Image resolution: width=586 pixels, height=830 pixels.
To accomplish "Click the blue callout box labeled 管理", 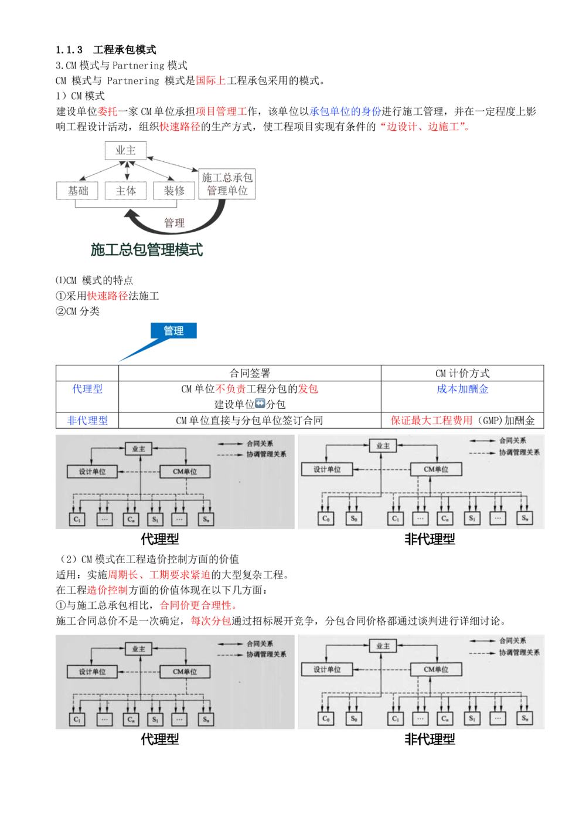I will tap(174, 331).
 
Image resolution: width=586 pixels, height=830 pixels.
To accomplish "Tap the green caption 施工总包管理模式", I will tap(148, 250).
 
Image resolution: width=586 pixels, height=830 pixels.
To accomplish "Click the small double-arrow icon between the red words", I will tap(260, 402).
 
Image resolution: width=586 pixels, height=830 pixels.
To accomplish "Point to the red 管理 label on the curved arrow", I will tap(175, 223).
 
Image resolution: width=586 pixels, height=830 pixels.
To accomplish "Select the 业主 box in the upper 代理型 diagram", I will tap(138, 449).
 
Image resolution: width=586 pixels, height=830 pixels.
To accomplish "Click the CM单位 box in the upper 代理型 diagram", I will tap(185, 472).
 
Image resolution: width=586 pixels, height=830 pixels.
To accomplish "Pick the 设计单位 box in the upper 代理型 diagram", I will tap(92, 472).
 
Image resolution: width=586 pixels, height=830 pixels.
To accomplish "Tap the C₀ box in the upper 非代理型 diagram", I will tap(326, 519).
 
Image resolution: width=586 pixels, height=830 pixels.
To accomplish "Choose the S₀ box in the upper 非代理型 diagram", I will tap(354, 519).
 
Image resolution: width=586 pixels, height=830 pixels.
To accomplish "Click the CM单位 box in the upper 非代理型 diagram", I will tap(436, 469).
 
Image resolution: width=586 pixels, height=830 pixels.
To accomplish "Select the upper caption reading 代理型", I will tap(159, 539).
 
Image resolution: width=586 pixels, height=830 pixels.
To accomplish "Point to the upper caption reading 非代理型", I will tap(430, 539).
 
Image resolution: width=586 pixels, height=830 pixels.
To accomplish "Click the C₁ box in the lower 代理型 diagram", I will tap(77, 719).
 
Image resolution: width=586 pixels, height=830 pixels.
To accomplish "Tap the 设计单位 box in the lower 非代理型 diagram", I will tap(328, 669).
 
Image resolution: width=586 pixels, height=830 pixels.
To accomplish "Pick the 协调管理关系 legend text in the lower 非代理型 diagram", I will tap(520, 652).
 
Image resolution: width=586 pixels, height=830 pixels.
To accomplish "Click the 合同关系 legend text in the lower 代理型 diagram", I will tap(260, 643).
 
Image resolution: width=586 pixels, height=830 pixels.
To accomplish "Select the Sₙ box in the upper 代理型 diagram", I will tap(206, 519).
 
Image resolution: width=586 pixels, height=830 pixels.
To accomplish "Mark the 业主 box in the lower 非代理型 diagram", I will tap(383, 646).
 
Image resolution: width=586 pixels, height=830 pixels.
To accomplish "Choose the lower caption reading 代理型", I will tap(159, 739).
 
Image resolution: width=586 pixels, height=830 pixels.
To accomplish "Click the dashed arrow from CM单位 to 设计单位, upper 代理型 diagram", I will tap(139, 472).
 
